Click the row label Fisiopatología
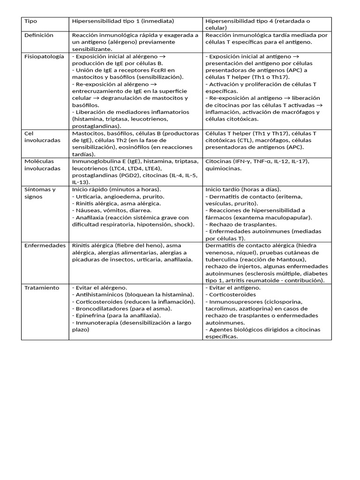pos(44,56)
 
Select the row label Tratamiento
pos(42,287)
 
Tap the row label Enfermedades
pos(45,246)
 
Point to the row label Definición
pos(39,35)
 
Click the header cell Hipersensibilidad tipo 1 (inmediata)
pos(123,21)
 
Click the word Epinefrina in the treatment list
pos(90,315)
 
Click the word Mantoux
pos(291,259)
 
